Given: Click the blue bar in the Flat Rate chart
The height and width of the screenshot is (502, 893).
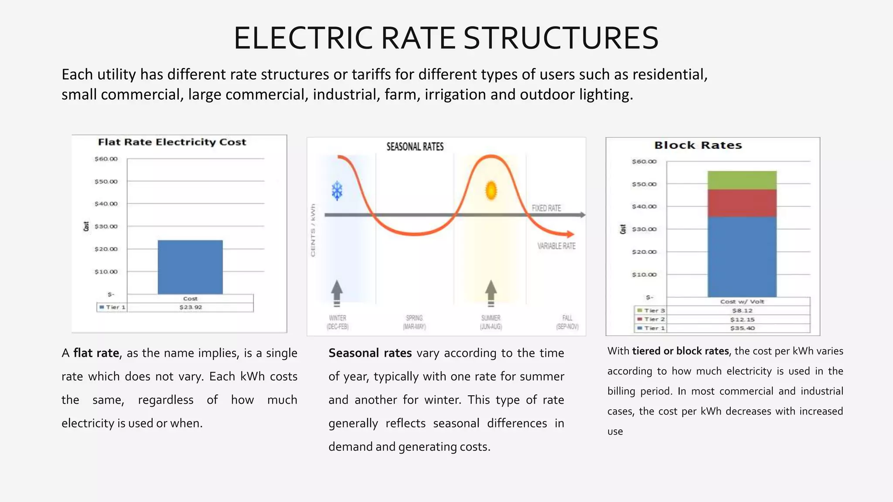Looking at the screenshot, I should [x=190, y=267].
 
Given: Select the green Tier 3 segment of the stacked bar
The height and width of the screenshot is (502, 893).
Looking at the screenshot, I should [x=742, y=180].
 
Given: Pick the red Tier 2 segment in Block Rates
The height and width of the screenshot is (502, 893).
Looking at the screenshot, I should [x=742, y=203].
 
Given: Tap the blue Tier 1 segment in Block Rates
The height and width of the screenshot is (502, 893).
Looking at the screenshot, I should [x=742, y=257].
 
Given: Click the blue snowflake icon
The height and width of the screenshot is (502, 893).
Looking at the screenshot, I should [x=337, y=191].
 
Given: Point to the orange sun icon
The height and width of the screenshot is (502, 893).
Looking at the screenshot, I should [x=491, y=190].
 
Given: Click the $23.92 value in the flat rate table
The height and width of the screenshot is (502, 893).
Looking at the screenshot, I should [x=191, y=307].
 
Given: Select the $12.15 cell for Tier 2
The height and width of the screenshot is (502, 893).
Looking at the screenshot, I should [x=742, y=319].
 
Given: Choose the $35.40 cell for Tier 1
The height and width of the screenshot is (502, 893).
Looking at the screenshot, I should [x=742, y=328].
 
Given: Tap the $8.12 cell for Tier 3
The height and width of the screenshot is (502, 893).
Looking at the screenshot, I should [x=742, y=311].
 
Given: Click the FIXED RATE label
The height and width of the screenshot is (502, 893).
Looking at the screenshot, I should [x=546, y=208].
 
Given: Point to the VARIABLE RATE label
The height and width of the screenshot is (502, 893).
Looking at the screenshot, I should [x=556, y=246].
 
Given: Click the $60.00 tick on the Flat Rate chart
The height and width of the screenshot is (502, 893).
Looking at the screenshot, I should [x=106, y=159].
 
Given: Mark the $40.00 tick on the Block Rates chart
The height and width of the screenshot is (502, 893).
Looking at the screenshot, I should [x=644, y=207].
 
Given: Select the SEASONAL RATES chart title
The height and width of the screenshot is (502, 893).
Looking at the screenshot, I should [x=415, y=147].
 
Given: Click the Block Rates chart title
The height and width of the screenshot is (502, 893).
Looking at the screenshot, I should [x=698, y=146].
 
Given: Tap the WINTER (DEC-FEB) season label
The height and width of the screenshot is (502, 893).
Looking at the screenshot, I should [x=337, y=322].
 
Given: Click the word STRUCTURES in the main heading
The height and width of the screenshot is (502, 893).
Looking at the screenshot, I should [x=561, y=38].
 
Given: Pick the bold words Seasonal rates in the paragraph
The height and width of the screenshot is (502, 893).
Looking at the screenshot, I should [x=370, y=353].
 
